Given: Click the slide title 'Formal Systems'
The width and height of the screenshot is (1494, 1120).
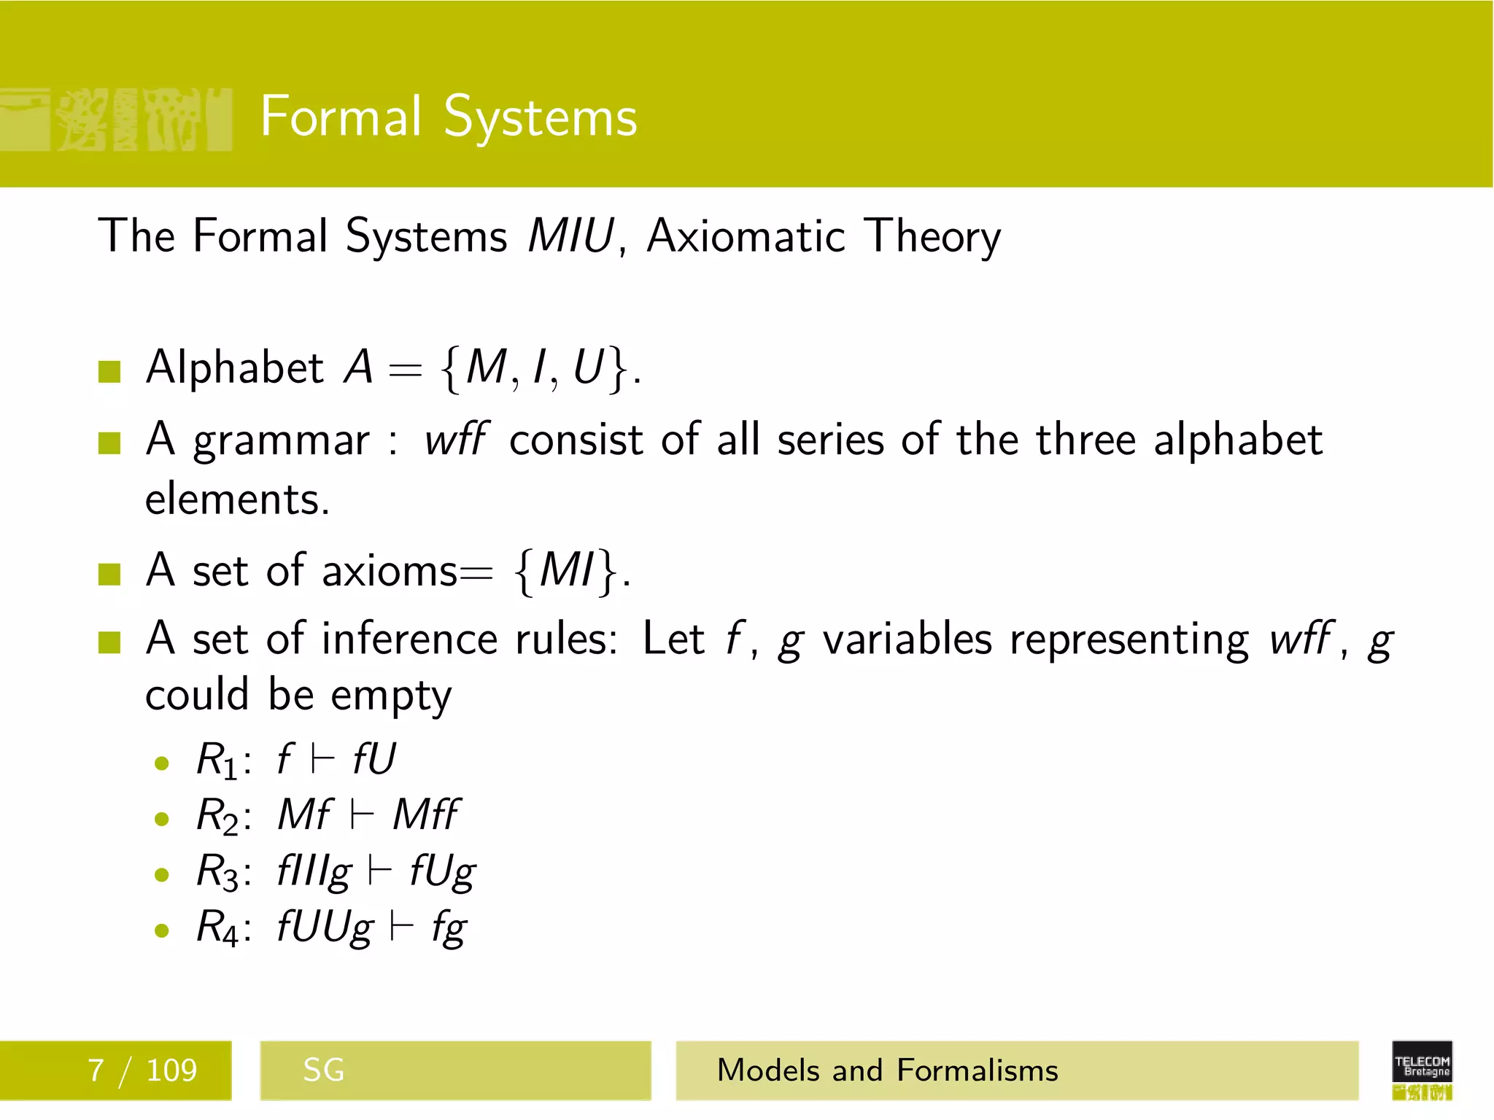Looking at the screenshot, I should pos(449,117).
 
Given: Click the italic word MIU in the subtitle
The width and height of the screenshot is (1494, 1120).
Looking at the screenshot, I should pos(571,236).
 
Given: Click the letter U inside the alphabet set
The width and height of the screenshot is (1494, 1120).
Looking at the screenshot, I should pos(589,367).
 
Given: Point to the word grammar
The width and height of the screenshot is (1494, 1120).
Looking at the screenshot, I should pos(282,442).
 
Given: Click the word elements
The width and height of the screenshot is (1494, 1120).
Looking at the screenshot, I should pos(237,500).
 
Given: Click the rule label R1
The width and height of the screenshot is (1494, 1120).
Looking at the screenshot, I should pos(217,761).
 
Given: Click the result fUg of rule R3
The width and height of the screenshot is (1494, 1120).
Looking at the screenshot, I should pos(442,872).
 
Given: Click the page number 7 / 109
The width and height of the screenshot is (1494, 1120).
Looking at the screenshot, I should pos(142,1070).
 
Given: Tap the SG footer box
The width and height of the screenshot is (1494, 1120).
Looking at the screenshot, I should pos(454,1070).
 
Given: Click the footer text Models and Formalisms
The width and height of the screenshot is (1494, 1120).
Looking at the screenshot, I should pos(887,1070).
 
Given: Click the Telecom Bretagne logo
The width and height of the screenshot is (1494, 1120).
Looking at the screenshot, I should pos(1422,1070).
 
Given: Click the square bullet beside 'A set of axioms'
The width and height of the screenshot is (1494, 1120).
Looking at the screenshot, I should pos(109,574).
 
